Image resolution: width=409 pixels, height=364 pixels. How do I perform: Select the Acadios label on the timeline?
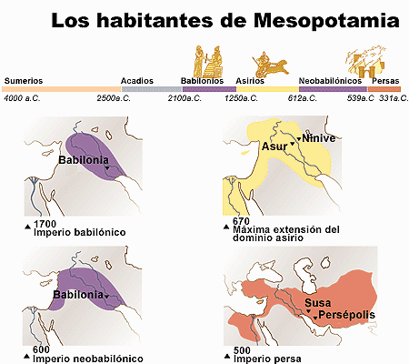pyautogui.click(x=137, y=80)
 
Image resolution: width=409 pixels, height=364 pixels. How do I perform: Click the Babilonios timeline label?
pyautogui.click(x=203, y=80)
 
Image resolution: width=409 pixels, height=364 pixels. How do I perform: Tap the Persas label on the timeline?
pyautogui.click(x=385, y=80)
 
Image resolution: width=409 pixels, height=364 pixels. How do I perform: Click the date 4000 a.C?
pyautogui.click(x=25, y=97)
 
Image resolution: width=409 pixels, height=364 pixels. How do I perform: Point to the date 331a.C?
pyautogui.click(x=392, y=97)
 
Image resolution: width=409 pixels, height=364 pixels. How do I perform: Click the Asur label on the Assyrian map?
pyautogui.click(x=274, y=146)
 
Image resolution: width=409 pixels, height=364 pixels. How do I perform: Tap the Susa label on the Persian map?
pyautogui.click(x=318, y=302)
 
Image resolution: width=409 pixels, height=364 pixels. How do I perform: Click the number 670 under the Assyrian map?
pyautogui.click(x=241, y=221)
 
